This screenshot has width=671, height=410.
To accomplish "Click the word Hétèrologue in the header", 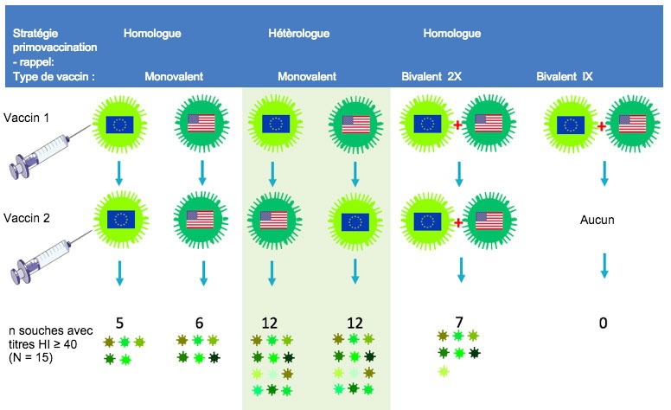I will pyautogui.click(x=298, y=34).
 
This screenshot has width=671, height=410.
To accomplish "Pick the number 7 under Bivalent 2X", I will pyautogui.click(x=458, y=323).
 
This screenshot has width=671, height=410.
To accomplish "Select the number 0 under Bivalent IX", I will pyautogui.click(x=604, y=324).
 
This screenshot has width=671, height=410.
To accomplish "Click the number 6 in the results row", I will pyautogui.click(x=199, y=323).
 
